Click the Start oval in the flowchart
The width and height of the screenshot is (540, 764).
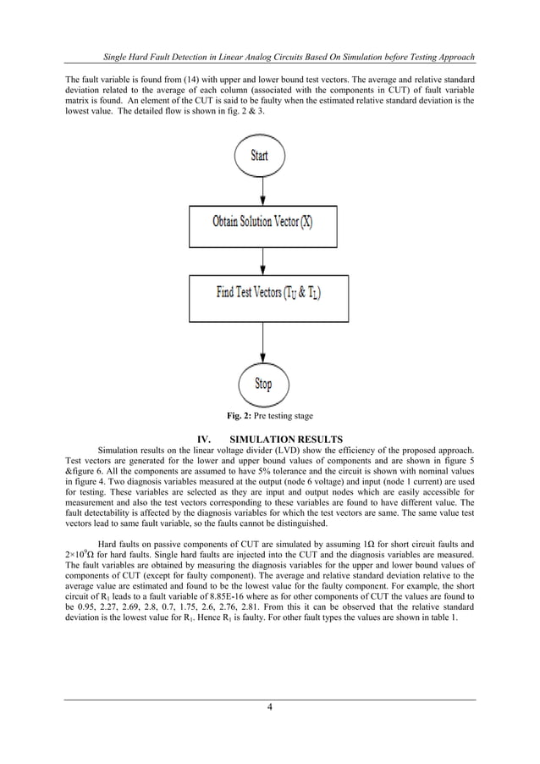tap(261, 156)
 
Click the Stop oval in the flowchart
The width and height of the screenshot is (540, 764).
tap(263, 384)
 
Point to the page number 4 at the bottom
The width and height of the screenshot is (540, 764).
tap(269, 709)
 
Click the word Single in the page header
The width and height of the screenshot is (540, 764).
tap(115, 58)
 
